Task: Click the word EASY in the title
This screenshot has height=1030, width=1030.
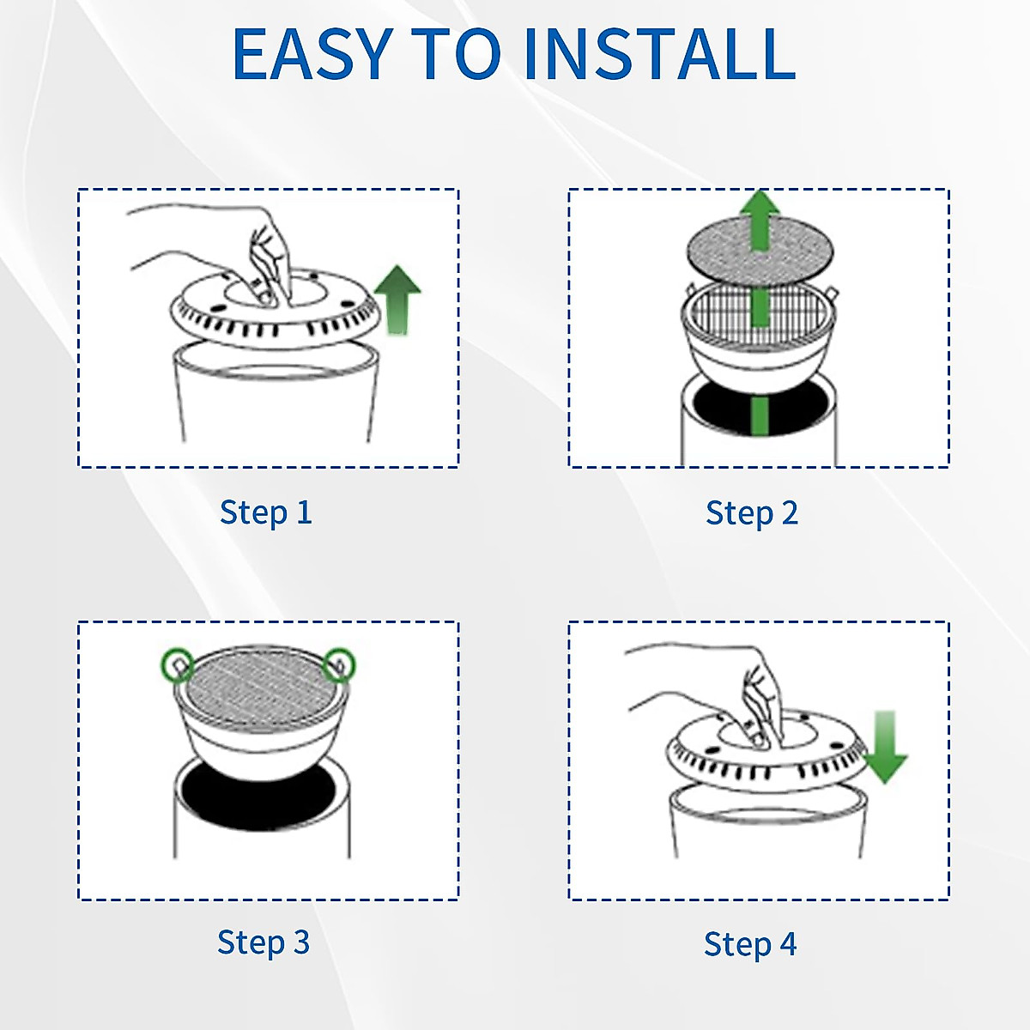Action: (x=313, y=54)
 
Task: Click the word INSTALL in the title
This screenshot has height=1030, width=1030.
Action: (x=659, y=54)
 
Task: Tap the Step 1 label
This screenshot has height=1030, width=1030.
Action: (x=265, y=512)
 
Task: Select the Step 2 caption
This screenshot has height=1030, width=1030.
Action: (x=752, y=513)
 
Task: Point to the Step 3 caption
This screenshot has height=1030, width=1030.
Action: (x=264, y=942)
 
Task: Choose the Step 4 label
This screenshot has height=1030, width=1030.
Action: (x=750, y=944)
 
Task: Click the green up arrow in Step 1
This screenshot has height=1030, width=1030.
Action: (x=397, y=299)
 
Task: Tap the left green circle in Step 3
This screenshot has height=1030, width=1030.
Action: (x=178, y=665)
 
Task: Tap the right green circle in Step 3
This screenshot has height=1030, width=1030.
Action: (x=339, y=664)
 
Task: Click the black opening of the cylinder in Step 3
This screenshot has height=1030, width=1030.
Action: (x=257, y=794)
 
